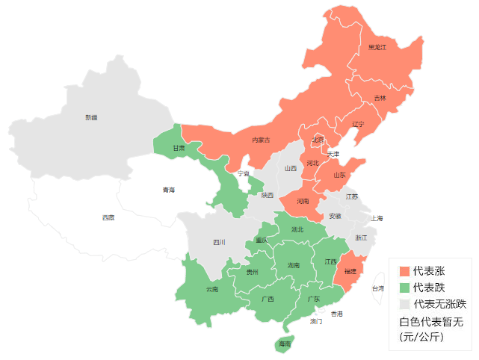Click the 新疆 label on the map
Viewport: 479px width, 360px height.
90,117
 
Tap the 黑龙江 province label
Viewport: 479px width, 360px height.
377,47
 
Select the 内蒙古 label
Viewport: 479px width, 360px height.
261,140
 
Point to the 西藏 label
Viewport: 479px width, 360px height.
109,217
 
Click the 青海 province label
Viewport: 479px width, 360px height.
169,190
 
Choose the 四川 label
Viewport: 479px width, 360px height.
218,242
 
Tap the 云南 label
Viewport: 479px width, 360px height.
211,289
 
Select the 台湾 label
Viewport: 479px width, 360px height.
378,288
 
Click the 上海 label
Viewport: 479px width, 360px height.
376,218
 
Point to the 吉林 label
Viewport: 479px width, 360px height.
380,98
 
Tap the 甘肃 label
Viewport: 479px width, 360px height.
179,148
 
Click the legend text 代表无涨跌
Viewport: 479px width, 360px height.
439,304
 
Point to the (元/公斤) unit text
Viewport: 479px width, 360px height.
421,338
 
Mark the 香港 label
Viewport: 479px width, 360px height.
337,314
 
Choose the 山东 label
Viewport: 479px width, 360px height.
339,176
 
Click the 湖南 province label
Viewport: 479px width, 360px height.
293,264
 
